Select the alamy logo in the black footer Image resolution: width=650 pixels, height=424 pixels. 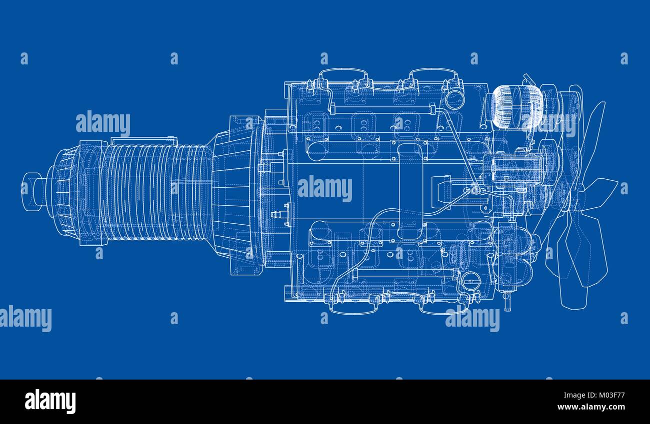point(50,402)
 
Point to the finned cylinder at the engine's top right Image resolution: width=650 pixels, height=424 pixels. point(516,107)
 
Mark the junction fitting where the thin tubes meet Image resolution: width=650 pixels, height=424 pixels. point(473,190)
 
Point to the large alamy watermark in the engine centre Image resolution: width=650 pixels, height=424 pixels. point(325,189)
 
